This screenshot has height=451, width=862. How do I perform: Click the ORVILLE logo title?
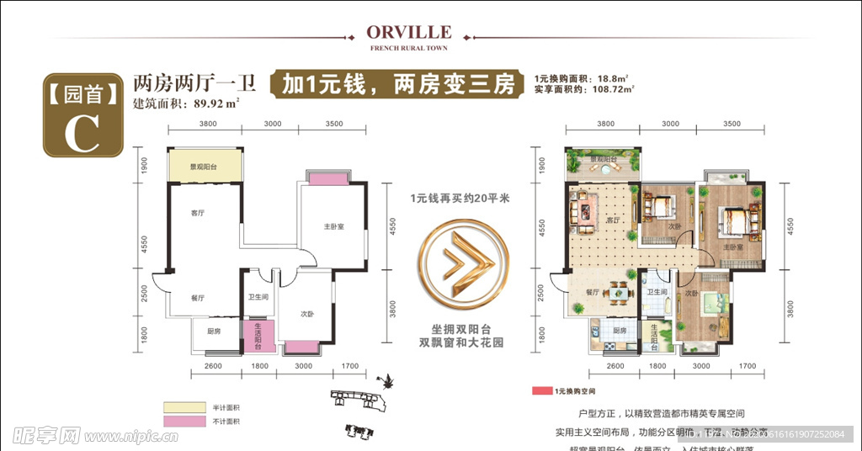(x=409, y=32)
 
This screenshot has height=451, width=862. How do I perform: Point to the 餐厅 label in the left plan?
(x=196, y=297)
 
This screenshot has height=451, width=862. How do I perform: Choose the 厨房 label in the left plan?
(x=214, y=331)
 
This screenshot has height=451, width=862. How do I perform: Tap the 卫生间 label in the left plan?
(x=258, y=297)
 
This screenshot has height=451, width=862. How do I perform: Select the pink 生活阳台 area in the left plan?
(x=258, y=336)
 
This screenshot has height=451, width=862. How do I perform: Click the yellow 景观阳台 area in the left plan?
(x=205, y=167)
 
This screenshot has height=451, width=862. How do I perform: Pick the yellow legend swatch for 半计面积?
(x=184, y=407)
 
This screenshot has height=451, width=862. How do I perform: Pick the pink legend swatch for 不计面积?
(x=184, y=421)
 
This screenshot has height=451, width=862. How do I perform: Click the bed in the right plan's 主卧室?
(x=737, y=223)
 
